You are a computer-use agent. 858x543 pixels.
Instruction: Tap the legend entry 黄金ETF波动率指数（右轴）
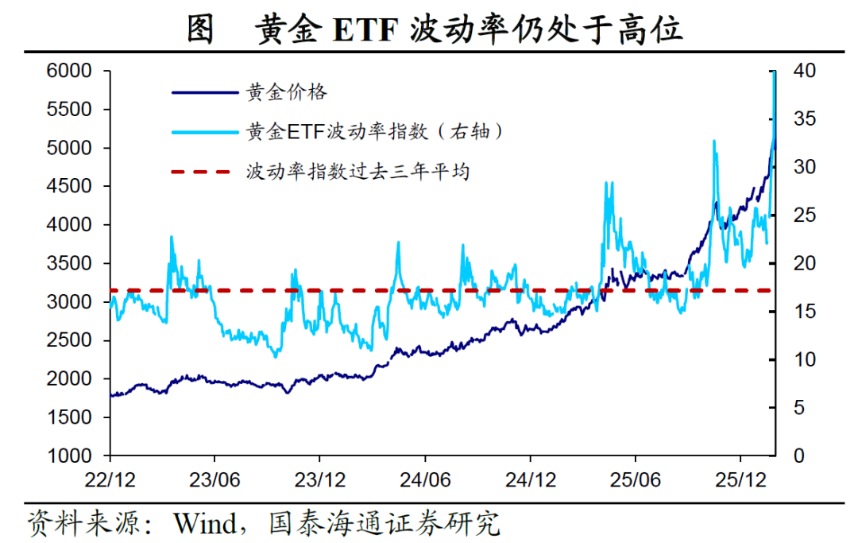375,131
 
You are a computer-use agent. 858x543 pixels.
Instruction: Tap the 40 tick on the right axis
804,72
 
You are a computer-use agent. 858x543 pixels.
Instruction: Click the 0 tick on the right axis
798,456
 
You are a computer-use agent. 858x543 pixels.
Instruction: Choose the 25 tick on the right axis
804,215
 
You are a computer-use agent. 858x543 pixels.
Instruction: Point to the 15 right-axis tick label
804,312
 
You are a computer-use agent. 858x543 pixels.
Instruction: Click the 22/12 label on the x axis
110,482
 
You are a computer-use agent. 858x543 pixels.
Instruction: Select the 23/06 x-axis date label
214,482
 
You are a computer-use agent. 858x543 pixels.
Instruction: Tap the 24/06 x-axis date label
425,482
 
